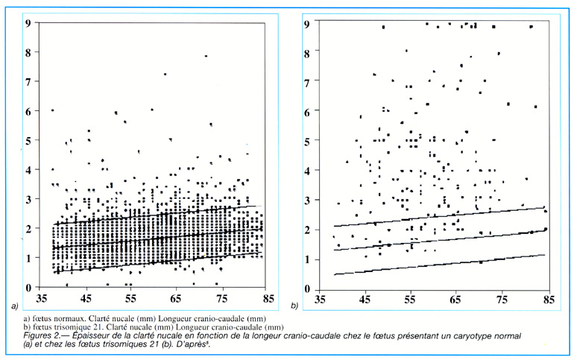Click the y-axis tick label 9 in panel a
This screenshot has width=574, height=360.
pos(28,22)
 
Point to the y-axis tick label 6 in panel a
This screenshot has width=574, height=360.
pos(28,110)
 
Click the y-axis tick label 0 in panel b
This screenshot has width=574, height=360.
pos(308,287)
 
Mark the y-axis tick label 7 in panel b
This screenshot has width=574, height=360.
pos(308,81)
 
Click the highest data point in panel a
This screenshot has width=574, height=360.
pos(206,56)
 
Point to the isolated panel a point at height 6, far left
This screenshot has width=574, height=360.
pos(52,110)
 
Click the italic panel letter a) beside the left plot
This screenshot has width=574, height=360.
pos(14,306)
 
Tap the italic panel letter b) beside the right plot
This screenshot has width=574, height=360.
pos(294,306)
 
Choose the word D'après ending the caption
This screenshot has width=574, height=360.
pos(224,345)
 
